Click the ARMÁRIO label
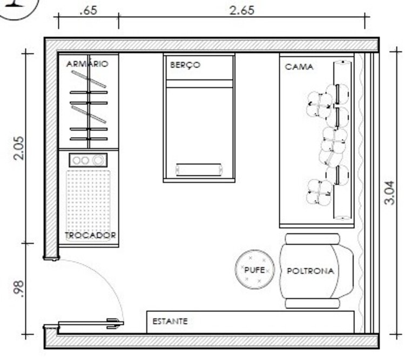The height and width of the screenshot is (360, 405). point(87,64)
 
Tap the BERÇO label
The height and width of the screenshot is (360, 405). point(185,65)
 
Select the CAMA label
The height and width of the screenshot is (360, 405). point(299,67)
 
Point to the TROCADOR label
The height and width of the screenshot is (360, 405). point(90,236)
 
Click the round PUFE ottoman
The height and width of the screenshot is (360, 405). point(255,269)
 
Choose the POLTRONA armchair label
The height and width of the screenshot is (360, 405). point(310,271)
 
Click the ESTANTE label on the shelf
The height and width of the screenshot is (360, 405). point(170,321)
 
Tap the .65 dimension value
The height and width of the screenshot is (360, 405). point(89,10)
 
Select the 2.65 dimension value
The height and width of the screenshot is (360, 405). point(242,10)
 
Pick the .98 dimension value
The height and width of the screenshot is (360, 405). point(18,289)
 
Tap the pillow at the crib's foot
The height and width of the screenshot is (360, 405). point(199,169)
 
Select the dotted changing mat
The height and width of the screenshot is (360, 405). point(88,201)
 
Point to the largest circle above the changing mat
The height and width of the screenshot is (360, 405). point(98,160)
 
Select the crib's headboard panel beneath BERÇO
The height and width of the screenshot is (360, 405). point(199,75)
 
